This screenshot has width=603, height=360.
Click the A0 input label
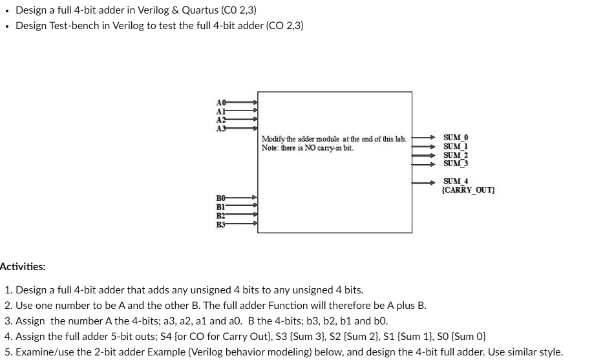[220, 102]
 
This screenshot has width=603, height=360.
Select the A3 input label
[220, 127]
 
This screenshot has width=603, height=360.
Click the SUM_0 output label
[456, 138]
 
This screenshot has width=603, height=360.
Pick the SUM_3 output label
[456, 163]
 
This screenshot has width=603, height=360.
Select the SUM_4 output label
[456, 182]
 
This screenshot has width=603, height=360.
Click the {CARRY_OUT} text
[468, 190]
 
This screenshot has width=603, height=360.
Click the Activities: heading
[23, 266]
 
